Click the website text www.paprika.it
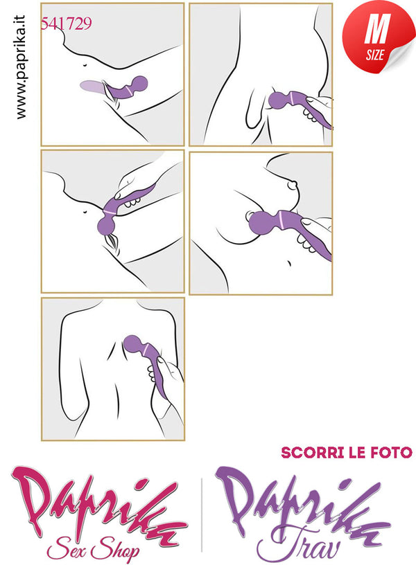(21, 67)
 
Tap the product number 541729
(66, 24)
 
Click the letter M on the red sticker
(376, 30)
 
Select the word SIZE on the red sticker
(374, 55)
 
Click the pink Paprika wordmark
(99, 506)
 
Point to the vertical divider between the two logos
(202, 514)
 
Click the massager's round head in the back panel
(132, 343)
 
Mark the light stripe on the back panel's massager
(146, 349)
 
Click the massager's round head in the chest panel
(261, 223)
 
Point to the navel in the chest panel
(288, 263)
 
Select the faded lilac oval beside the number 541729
(92, 87)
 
